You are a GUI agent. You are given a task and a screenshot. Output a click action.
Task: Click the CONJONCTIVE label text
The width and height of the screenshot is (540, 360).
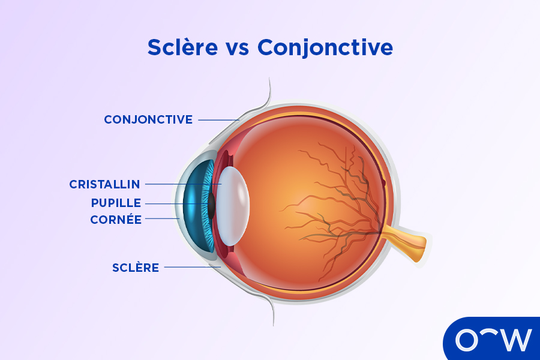pos(148,119)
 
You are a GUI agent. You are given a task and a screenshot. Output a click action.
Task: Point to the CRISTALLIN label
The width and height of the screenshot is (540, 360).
pos(104,184)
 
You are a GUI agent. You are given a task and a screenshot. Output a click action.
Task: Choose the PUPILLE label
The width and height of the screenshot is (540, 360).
pos(116,202)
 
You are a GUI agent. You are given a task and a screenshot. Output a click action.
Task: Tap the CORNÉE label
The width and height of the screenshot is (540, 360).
pos(116,220)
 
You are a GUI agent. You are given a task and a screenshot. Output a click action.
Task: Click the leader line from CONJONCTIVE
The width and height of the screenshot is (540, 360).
pos(218,120)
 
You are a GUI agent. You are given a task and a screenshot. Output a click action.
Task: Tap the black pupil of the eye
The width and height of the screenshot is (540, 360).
pos(212,206)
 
